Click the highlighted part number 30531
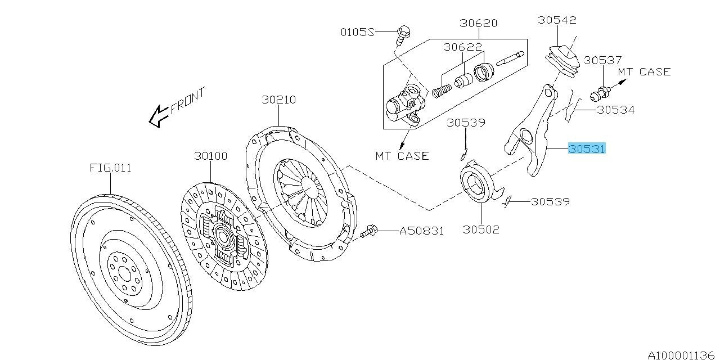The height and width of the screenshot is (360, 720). [587, 149]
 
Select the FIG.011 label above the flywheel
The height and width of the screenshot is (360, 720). [110, 168]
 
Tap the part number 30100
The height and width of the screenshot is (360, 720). [211, 156]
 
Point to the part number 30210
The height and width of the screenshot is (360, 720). [278, 100]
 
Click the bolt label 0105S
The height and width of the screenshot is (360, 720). [357, 32]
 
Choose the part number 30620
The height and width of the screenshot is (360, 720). [478, 23]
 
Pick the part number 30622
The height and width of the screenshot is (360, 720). [462, 48]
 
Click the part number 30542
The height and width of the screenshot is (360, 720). [557, 20]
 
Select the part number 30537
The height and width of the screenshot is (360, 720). [602, 60]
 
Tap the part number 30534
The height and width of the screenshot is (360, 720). [615, 110]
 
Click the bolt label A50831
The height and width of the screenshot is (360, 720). [422, 231]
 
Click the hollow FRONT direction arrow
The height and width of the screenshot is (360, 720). [157, 116]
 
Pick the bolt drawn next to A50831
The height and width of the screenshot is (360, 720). [370, 230]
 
